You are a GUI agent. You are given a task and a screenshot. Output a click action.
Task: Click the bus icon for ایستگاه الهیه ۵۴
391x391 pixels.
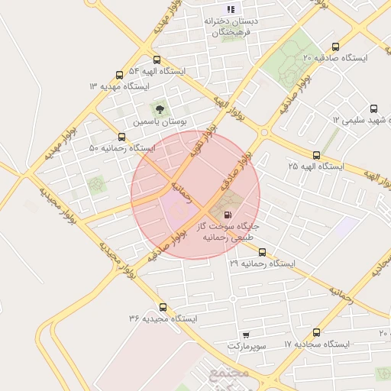[x=157, y=60]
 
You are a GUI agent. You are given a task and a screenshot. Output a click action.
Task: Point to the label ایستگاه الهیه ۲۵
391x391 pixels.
[x=315, y=166]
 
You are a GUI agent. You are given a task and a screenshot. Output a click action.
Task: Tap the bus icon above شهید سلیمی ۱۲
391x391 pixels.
[x=373, y=108]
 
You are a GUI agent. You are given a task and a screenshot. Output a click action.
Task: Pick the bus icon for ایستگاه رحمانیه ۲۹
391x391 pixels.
[x=262, y=251]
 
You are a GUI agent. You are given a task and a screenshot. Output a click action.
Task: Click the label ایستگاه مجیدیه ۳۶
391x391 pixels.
[x=163, y=318]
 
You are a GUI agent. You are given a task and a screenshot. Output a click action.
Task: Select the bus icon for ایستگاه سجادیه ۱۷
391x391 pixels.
[x=316, y=332]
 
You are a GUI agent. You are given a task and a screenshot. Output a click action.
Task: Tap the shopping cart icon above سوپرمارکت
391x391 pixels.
[x=245, y=334]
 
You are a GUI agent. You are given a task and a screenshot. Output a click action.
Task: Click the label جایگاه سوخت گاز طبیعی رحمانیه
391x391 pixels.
[x=228, y=232]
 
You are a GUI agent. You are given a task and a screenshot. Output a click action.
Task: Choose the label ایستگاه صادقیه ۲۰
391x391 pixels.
[x=334, y=58]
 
